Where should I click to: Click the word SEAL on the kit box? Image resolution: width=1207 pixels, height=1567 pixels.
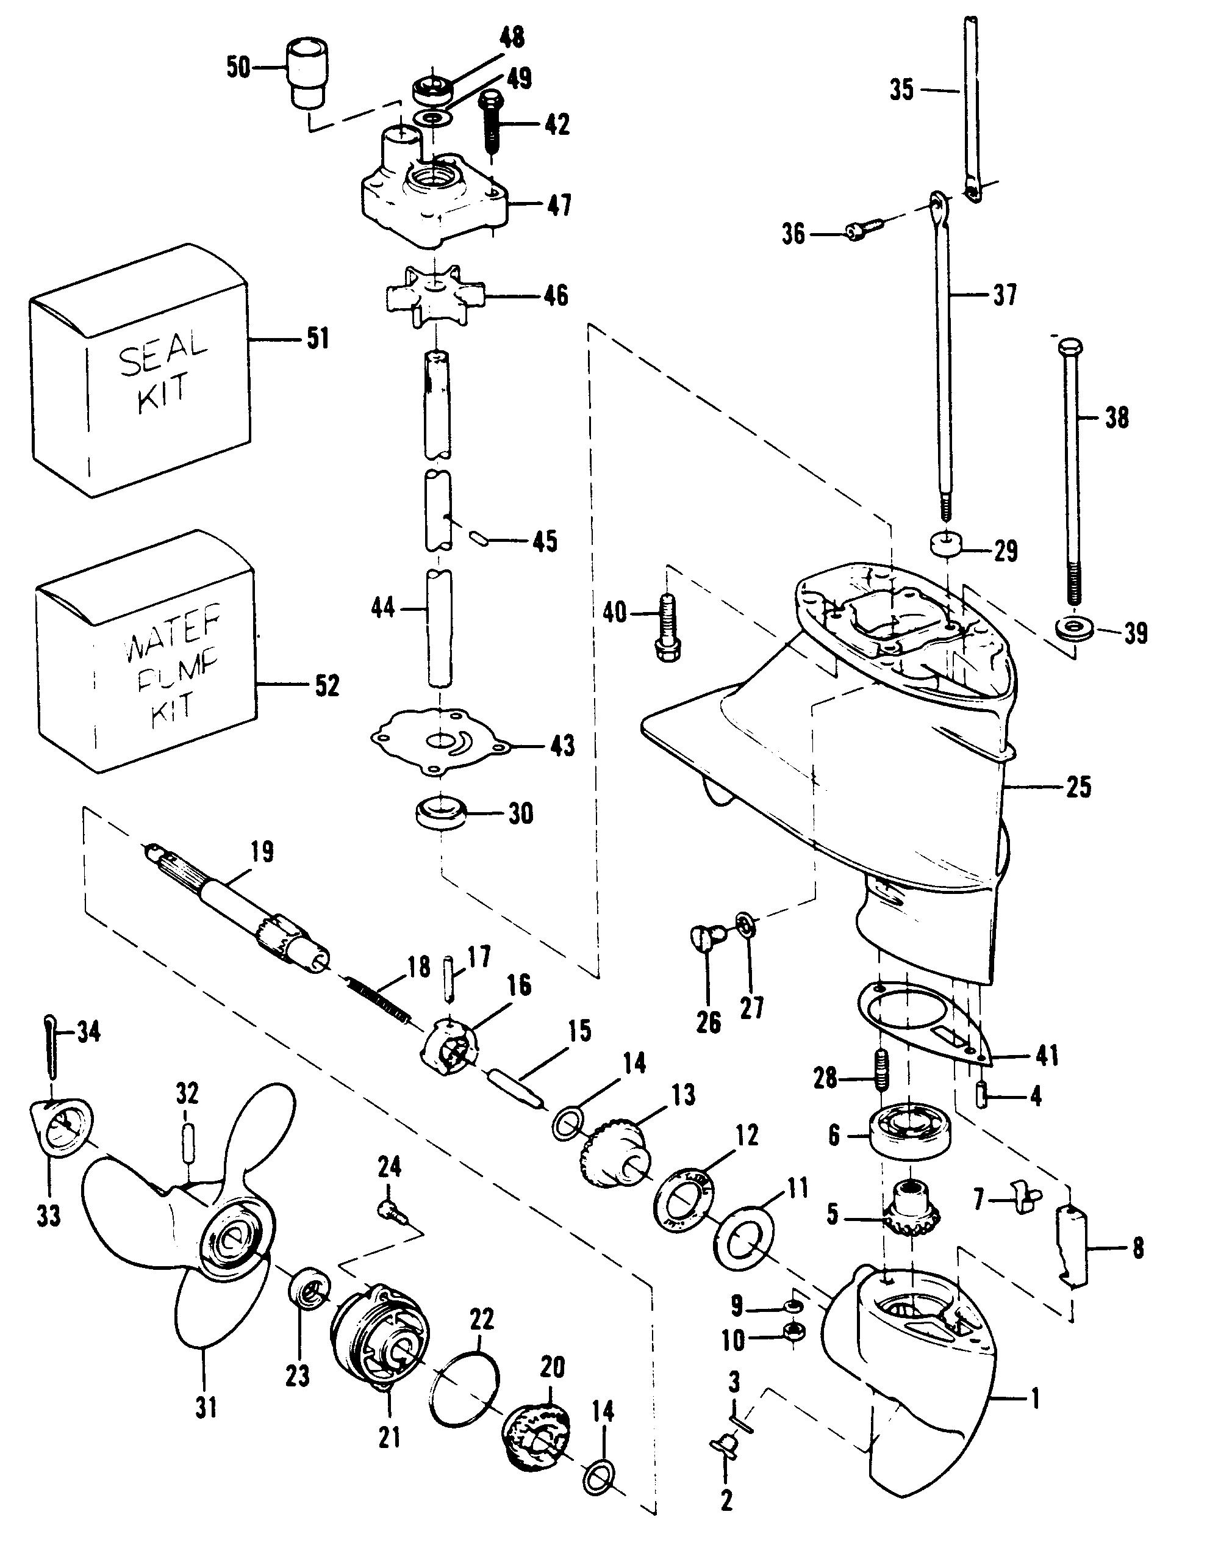pos(163,353)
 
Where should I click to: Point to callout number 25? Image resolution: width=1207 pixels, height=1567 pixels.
pos(1078,787)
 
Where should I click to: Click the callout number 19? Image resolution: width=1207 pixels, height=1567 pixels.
pos(262,852)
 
